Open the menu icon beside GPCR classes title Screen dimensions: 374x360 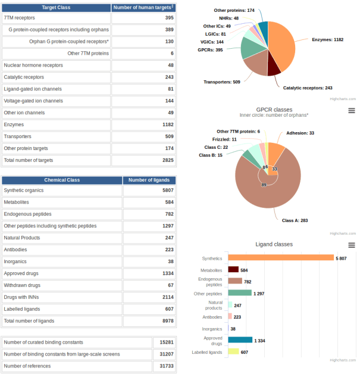point(352,111)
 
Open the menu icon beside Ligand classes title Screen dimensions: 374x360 point(352,245)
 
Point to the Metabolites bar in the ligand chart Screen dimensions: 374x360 point(233,270)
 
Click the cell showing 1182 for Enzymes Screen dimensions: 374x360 point(144,124)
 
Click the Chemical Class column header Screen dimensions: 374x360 point(62,180)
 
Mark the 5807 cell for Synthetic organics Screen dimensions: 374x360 point(149,191)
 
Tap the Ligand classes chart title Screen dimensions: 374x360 point(274,244)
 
